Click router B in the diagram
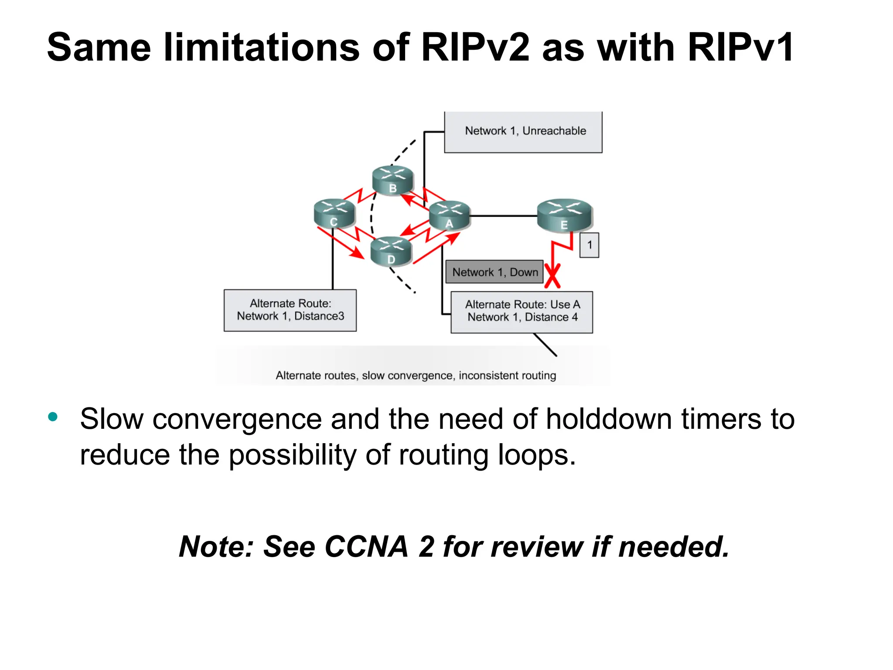pyautogui.click(x=392, y=180)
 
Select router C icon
pyautogui.click(x=334, y=213)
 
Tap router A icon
pyautogui.click(x=450, y=215)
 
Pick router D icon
pyautogui.click(x=391, y=251)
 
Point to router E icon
pyautogui.click(x=564, y=215)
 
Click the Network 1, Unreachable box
pyautogui.click(x=523, y=131)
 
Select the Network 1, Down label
pyautogui.click(x=494, y=272)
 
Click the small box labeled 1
pyautogui.click(x=589, y=245)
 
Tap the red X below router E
pyautogui.click(x=552, y=277)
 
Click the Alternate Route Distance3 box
pyautogui.click(x=290, y=310)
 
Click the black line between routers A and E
pyautogui.click(x=503, y=215)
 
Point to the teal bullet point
pyautogui.click(x=53, y=417)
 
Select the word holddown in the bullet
pyautogui.click(x=609, y=419)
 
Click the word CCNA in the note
pyautogui.click(x=366, y=547)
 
